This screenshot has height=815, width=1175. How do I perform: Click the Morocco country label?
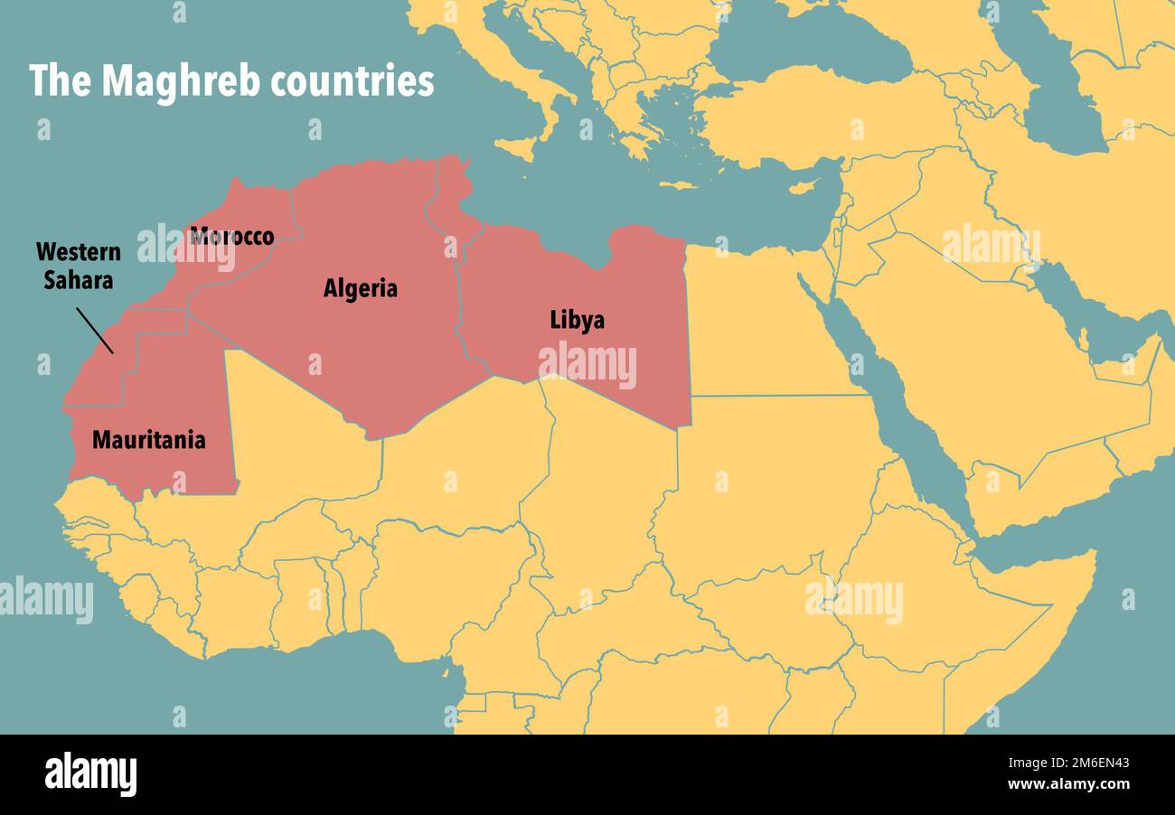click(231, 237)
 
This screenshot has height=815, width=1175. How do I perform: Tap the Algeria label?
click(360, 288)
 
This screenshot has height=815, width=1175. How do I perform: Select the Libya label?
click(577, 320)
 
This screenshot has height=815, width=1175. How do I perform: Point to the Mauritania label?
click(148, 440)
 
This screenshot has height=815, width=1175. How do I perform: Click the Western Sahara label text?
click(79, 266)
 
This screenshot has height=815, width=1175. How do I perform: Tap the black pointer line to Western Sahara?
click(95, 331)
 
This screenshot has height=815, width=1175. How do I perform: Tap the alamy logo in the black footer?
click(90, 774)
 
